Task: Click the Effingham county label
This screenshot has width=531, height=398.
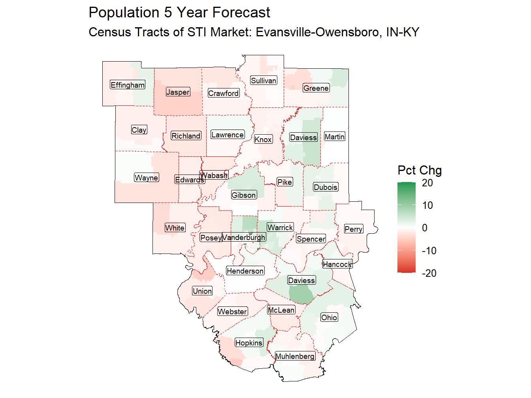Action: (x=128, y=85)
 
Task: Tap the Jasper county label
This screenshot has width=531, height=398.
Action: (x=178, y=92)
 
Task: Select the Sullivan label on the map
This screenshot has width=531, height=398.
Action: (x=264, y=81)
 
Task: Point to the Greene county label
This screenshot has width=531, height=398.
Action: (x=316, y=88)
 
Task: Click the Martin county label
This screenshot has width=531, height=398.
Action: (x=335, y=137)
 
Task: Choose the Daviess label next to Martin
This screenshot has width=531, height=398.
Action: (x=303, y=137)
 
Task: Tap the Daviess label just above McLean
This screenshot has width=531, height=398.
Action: (x=301, y=280)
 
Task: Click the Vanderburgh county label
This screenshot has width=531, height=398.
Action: (x=244, y=237)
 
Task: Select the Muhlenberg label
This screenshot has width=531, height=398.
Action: (x=295, y=356)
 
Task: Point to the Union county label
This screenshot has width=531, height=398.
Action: (x=202, y=291)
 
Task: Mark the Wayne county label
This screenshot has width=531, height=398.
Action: (x=146, y=178)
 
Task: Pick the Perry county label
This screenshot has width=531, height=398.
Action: (x=354, y=229)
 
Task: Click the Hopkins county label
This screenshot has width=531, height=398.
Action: (x=249, y=343)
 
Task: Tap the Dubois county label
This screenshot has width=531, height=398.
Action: (x=326, y=187)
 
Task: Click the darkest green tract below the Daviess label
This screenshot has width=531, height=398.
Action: (x=301, y=295)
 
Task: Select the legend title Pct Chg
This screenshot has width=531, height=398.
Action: (x=420, y=170)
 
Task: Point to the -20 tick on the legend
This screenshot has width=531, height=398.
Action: (x=429, y=273)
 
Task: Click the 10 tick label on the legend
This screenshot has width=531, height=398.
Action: (x=427, y=205)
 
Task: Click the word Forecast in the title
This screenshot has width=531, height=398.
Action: (x=241, y=13)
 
